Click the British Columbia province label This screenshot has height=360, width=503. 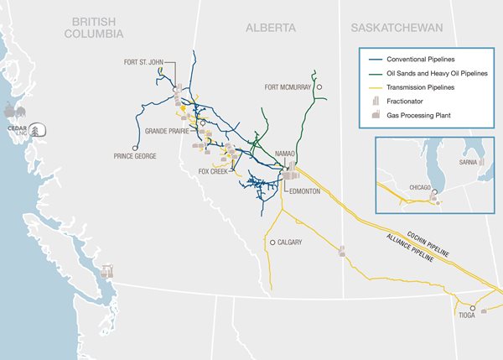pyautogui.click(x=97, y=27)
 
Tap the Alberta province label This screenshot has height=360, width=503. pyautogui.click(x=270, y=28)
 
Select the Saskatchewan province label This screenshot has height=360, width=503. pyautogui.click(x=397, y=28)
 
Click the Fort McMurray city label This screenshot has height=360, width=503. pyautogui.click(x=288, y=86)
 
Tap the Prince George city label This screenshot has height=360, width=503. pyautogui.click(x=135, y=155)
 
